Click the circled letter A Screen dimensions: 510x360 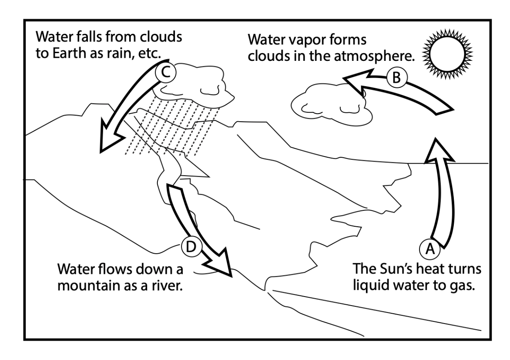pyautogui.click(x=430, y=249)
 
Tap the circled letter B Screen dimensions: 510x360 pyautogui.click(x=396, y=78)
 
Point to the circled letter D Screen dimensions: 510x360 pyautogui.click(x=191, y=246)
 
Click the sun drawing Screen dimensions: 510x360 pyautogui.click(x=447, y=54)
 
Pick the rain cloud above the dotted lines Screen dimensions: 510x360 pyautogui.click(x=194, y=85)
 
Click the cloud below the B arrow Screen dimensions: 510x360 pyautogui.click(x=331, y=105)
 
